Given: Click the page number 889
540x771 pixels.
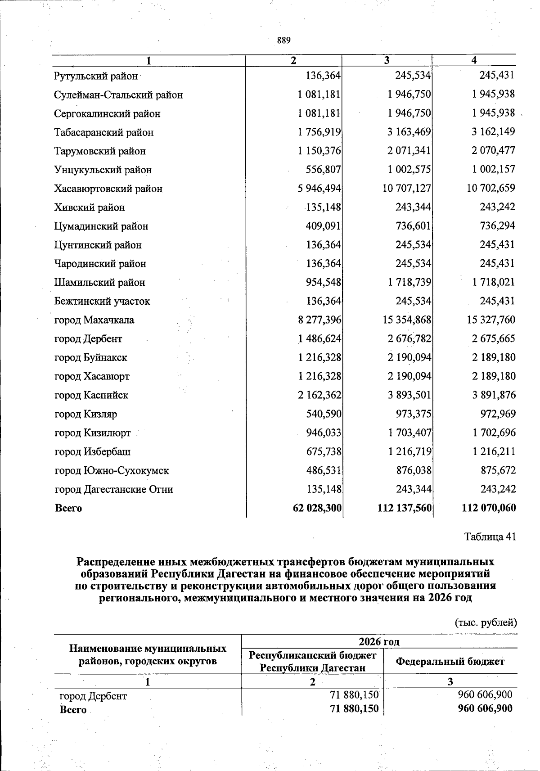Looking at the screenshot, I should point(283,41).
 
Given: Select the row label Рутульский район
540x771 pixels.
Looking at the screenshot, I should point(96,76).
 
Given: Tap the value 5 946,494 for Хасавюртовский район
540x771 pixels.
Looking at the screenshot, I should point(319,189).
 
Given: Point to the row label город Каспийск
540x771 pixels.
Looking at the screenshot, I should point(91,395).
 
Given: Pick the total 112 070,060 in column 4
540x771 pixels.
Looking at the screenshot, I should point(489,508).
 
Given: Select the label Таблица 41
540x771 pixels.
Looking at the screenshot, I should point(490,537).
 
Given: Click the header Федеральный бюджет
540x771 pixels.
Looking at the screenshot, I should point(450,661).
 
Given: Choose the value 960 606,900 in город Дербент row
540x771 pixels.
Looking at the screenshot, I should point(485,695).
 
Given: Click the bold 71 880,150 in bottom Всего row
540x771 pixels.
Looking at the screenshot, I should point(355,709).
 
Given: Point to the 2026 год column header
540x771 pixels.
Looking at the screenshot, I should point(379,641).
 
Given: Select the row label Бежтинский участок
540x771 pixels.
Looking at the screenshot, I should point(102,301).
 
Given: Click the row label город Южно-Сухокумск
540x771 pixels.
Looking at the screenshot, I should point(112,471).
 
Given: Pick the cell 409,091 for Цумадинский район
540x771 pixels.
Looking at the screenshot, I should point(323,226).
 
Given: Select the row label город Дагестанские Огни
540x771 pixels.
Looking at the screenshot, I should point(114,489).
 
